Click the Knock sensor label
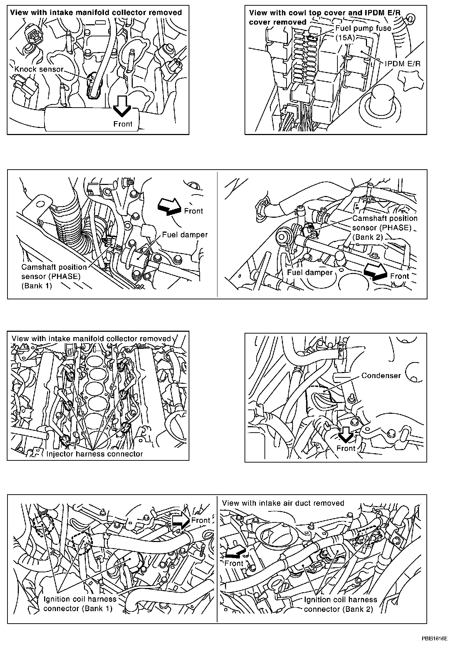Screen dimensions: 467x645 pos(39,69)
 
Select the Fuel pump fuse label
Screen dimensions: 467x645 pos(363,28)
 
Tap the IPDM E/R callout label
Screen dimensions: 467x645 pos(403,63)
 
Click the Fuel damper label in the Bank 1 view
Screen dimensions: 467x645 pos(185,234)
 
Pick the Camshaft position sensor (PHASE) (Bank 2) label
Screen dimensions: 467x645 pos(384,227)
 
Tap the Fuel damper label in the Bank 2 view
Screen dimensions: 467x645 pos(309,272)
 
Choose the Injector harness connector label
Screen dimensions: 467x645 pos(94,454)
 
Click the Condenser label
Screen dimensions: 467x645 pos(381,375)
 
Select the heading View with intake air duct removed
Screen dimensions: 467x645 pos(283,503)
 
